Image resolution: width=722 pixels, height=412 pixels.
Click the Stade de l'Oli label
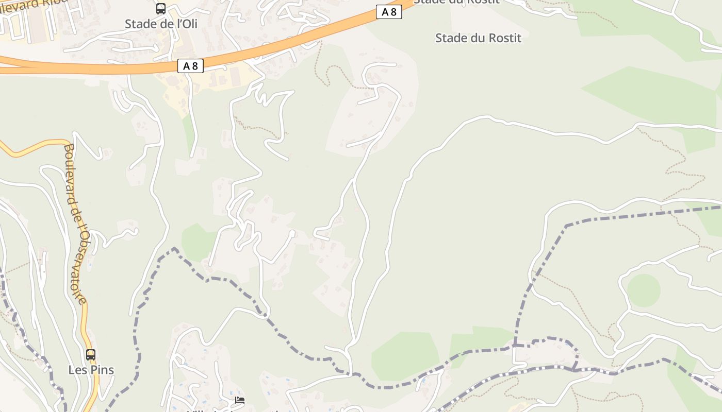161,24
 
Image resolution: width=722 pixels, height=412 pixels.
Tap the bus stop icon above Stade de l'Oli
161,9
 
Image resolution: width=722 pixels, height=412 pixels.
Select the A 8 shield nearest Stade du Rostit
389,12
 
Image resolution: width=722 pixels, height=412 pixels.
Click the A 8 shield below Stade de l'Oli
190,66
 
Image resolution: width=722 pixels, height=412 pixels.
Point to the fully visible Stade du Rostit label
478,38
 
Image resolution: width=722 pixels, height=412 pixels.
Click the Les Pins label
91,370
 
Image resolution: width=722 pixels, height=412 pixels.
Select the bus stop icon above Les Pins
91,354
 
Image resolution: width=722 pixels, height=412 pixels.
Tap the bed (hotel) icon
240,400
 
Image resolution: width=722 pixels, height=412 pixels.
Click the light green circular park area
644,290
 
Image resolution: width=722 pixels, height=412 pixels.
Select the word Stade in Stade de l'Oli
140,24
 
